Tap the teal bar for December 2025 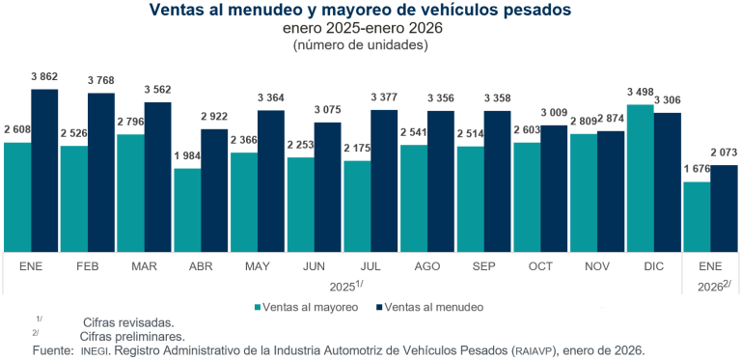(x=640, y=178)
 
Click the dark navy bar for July (x=384, y=180)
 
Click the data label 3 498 (x=640, y=94)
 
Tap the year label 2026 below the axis (x=711, y=286)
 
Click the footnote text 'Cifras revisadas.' (x=128, y=322)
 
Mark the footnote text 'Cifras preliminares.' (x=135, y=336)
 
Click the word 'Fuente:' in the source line (x=52, y=349)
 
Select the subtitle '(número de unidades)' (x=360, y=44)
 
